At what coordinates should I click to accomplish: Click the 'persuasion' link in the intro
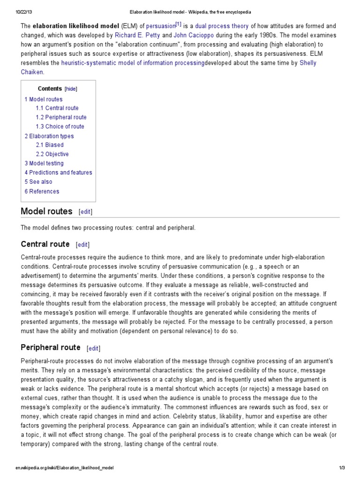[x=160, y=27]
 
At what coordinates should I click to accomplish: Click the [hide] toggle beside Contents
[x=71, y=89]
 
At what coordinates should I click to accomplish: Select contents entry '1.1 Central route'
[x=57, y=108]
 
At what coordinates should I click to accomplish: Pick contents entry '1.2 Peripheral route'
[x=61, y=117]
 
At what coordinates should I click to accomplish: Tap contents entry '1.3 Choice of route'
[x=60, y=127]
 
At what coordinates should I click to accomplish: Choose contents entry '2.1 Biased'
[x=50, y=145]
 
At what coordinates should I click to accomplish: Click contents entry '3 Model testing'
[x=44, y=163]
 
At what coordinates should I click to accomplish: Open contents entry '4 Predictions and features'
[x=59, y=172]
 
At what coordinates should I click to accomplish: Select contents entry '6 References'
[x=42, y=191]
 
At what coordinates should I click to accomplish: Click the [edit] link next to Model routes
[x=86, y=212]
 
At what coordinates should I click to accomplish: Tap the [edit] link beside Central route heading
[x=82, y=245]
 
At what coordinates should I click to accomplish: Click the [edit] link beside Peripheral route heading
[x=93, y=348]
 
